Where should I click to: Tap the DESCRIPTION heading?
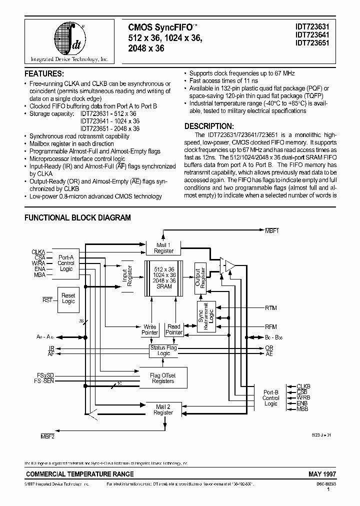208,126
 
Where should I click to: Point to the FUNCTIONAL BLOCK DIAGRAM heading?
77,217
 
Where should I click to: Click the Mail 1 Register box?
163,248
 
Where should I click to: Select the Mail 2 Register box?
163,409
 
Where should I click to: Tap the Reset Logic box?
68,298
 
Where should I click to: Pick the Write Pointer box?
150,329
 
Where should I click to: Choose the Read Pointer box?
174,329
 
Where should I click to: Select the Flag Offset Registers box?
163,378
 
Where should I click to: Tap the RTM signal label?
270,308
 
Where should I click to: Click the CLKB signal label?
303,386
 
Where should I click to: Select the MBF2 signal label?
47,436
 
